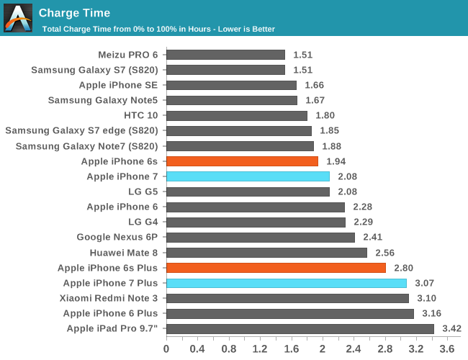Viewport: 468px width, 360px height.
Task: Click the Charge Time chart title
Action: [x=74, y=12]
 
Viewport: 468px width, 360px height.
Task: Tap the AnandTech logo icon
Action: [x=18, y=18]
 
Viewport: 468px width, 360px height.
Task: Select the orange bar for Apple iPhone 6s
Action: [x=242, y=161]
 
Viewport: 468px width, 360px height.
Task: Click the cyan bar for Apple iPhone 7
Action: [x=248, y=176]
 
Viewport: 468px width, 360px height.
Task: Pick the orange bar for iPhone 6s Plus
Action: [x=276, y=268]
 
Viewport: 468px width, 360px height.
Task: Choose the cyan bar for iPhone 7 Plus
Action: [x=287, y=283]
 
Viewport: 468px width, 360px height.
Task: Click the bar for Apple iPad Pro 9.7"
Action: [x=300, y=329]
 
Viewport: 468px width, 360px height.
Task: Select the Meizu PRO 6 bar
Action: [x=225, y=55]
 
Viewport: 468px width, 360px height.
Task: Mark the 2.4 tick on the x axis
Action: [x=354, y=348]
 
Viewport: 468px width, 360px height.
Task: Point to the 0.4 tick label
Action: [x=197, y=348]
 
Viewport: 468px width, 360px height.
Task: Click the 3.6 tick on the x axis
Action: [x=447, y=348]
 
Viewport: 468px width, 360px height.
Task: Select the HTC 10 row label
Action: [x=141, y=115]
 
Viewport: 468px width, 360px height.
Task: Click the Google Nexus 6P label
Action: [x=117, y=238]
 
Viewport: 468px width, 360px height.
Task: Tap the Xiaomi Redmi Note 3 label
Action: [x=109, y=298]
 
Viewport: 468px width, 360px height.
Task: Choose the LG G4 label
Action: [x=143, y=222]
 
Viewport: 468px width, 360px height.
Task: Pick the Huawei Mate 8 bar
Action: [x=266, y=253]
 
